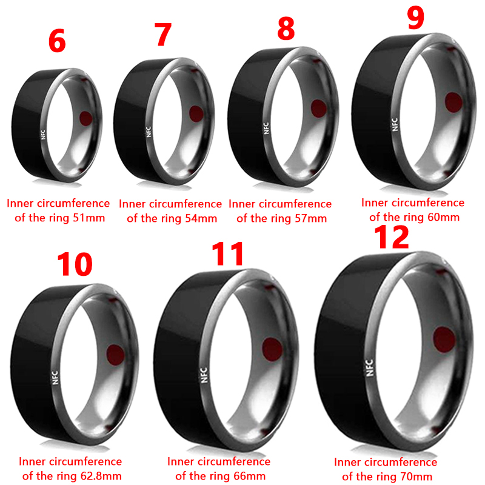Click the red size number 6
57,41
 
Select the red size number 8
286,28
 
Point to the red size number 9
415,18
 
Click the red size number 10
75,264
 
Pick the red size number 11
228,254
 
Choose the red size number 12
391,237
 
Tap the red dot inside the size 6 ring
85,118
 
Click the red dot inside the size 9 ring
453,102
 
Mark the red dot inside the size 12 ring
444,339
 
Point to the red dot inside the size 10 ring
115,355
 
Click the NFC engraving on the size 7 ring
149,132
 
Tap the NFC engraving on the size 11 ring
204,375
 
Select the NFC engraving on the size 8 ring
266,129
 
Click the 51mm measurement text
89,218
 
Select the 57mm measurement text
311,218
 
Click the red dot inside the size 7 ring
196,113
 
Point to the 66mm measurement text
250,476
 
